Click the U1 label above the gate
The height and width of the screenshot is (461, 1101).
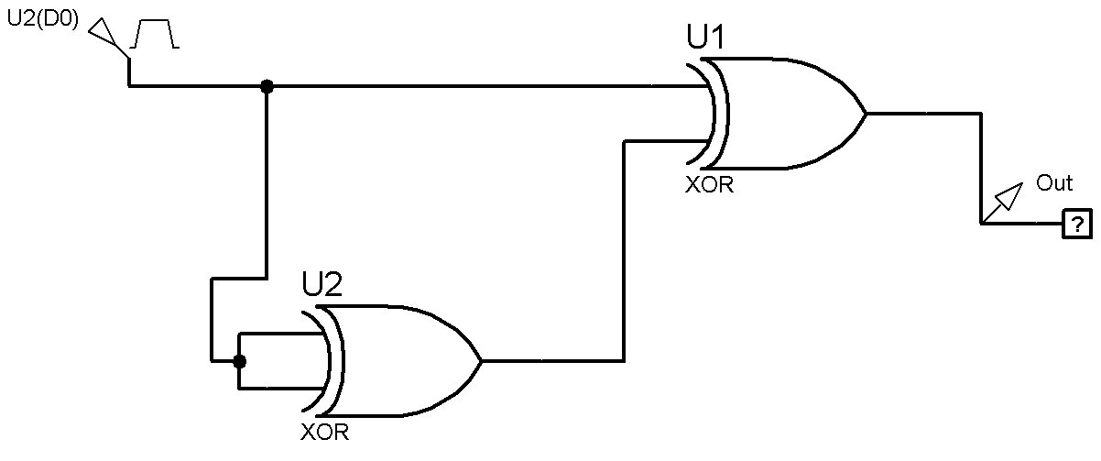(x=704, y=37)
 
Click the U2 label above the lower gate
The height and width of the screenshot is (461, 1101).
(x=322, y=284)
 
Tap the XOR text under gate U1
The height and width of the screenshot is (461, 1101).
(x=709, y=185)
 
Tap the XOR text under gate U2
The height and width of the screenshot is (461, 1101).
(x=324, y=433)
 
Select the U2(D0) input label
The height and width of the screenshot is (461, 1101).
(x=43, y=19)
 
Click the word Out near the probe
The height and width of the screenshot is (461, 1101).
(x=1053, y=183)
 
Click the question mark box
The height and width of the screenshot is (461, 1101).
(x=1077, y=225)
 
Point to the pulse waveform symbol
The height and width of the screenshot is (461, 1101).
(x=155, y=34)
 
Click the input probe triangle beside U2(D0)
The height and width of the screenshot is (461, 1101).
(x=103, y=32)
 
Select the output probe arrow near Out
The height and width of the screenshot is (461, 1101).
(x=1004, y=202)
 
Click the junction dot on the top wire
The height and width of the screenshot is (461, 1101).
(x=267, y=86)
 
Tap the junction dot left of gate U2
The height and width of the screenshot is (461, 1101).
(x=239, y=362)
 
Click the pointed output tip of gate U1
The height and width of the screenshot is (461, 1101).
(x=866, y=114)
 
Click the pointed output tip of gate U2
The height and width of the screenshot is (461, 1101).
(x=481, y=361)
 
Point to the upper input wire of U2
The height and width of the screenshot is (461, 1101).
(x=280, y=335)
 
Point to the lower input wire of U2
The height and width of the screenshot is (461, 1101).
(x=280, y=389)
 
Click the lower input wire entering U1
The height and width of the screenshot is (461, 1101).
(x=666, y=142)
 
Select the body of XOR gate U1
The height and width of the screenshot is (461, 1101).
(x=787, y=114)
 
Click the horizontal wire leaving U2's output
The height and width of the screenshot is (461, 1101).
(x=553, y=361)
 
